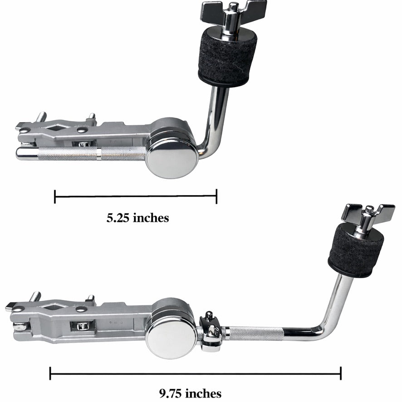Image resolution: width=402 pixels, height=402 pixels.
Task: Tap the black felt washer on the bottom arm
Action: click(x=356, y=252)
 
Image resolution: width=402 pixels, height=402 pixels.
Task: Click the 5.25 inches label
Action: click(x=137, y=218)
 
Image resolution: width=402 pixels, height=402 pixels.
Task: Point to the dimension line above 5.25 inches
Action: click(x=136, y=196)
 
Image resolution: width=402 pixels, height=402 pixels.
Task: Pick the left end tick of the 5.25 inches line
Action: click(x=55, y=196)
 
